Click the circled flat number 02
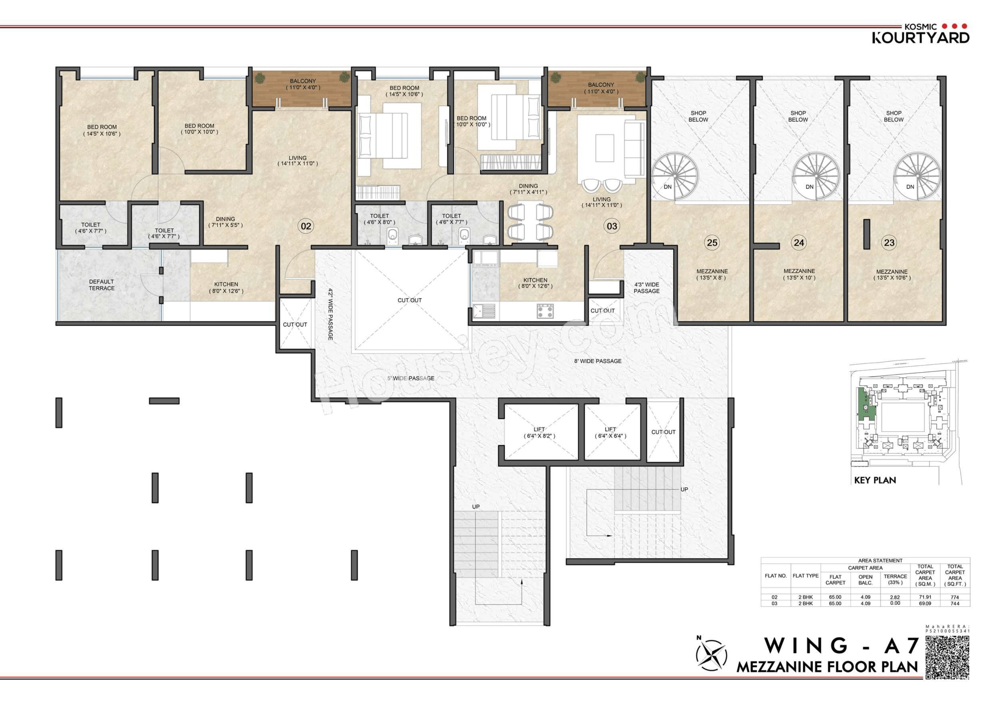point(306,226)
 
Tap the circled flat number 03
point(612,226)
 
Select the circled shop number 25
point(712,243)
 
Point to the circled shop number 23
point(889,243)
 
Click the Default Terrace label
point(101,285)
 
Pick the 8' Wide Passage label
point(598,361)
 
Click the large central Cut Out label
point(409,300)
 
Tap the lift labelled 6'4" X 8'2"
point(539,433)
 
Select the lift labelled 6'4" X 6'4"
point(610,433)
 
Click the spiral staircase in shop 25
point(674,177)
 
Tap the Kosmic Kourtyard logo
point(920,33)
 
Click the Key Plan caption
point(875,480)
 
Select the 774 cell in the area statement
point(955,597)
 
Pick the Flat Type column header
point(805,576)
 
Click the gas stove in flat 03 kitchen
point(545,311)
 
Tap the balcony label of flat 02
point(303,84)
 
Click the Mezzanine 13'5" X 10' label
point(799,274)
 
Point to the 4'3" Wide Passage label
point(647,288)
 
